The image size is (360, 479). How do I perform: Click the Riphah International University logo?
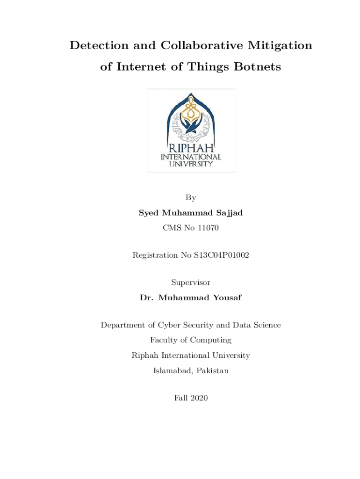tap(191, 130)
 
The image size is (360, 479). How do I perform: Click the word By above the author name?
tap(191, 198)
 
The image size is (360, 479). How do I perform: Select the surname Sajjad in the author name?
tap(228, 213)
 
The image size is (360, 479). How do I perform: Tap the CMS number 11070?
tap(208, 228)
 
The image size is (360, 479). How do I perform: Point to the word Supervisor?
tap(191, 283)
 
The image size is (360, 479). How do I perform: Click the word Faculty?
tap(164, 340)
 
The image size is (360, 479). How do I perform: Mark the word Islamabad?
tap(173, 371)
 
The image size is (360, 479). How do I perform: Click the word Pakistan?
tap(213, 371)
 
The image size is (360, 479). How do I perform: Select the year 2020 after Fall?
tap(199, 398)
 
